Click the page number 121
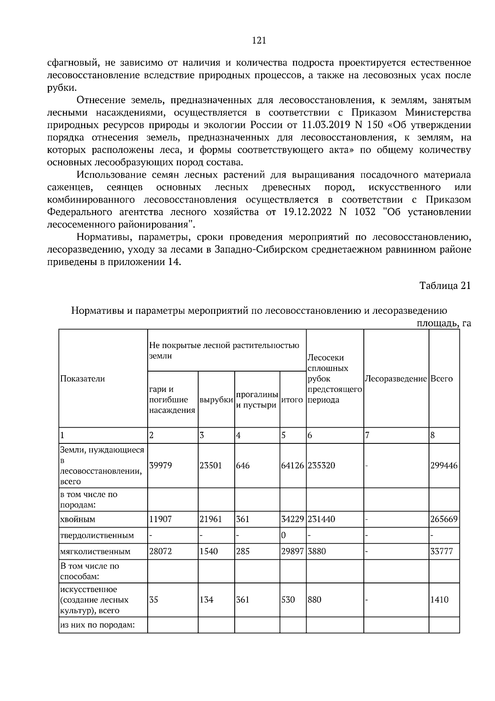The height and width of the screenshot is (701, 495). pos(259,40)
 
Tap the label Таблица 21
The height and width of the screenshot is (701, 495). pos(445,286)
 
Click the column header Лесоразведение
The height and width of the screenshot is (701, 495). pos(396,379)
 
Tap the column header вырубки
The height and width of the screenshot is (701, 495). pos(216,400)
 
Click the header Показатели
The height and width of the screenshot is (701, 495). pos(82,379)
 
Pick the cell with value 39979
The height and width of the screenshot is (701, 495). pos(160,465)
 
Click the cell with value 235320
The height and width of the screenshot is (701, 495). pos(321,465)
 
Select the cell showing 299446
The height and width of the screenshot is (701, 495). pos(444,465)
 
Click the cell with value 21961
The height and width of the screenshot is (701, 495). pos(211,519)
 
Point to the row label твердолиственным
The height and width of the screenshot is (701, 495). pos(97,535)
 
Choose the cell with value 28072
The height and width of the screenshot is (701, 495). pos(160,551)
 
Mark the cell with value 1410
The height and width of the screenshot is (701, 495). pos(439,599)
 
